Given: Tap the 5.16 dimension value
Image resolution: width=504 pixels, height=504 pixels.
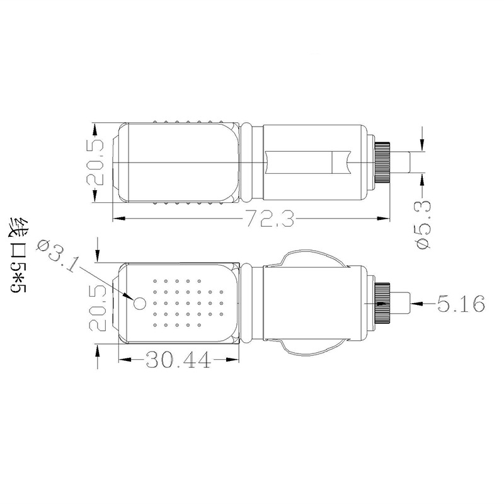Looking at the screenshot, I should pyautogui.click(x=461, y=305).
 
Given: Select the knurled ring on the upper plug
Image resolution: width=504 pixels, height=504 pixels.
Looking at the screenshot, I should pyautogui.click(x=383, y=163).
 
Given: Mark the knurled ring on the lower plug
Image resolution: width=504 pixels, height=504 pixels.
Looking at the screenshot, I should pyautogui.click(x=383, y=304).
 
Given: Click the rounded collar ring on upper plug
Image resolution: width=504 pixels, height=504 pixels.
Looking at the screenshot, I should pyautogui.click(x=251, y=163).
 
